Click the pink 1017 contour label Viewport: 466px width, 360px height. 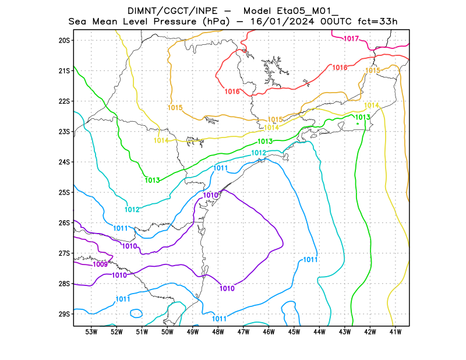click(x=351, y=39)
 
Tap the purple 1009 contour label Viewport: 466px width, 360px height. click(x=100, y=264)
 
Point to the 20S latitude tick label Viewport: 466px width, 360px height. click(x=64, y=40)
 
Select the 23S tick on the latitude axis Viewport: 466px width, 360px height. click(x=64, y=132)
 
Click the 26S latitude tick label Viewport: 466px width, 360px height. click(x=64, y=223)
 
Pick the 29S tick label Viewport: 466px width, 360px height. click(x=64, y=314)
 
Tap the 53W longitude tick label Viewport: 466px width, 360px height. click(x=91, y=332)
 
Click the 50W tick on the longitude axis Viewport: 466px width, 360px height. click(x=167, y=332)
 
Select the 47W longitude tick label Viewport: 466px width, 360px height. click(x=243, y=332)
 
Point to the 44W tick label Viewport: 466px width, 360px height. click(x=319, y=332)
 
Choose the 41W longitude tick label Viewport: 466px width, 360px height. click(x=396, y=332)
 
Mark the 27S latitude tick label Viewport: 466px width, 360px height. click(x=64, y=253)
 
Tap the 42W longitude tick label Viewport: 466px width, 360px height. click(x=370, y=332)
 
